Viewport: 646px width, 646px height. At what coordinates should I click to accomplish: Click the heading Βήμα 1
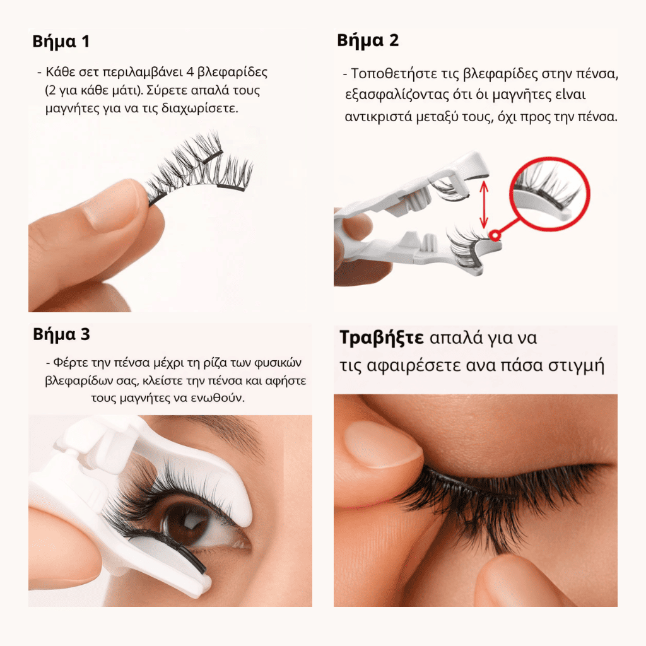(x=61, y=42)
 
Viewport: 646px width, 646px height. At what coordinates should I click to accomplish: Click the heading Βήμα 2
(x=368, y=41)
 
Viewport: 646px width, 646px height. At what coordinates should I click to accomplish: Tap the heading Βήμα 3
(x=61, y=334)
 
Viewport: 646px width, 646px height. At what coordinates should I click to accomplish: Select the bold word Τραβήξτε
(x=382, y=338)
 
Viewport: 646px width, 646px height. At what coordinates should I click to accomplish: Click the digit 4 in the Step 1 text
(x=190, y=72)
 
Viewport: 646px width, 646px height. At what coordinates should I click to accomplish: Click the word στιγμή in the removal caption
(x=580, y=366)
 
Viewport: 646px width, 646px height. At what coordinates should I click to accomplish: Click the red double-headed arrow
(x=484, y=204)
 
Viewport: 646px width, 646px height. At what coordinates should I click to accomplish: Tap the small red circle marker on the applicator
(x=496, y=235)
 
